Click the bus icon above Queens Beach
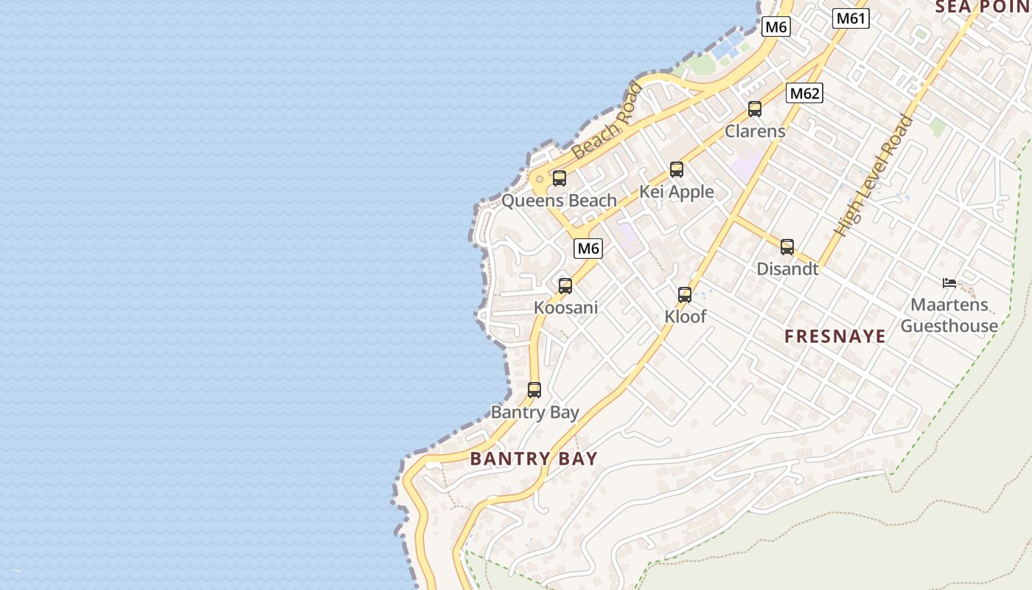[x=559, y=178]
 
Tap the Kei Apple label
[x=676, y=192]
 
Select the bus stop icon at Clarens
[x=755, y=109]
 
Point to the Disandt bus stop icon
[x=787, y=247]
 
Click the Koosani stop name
[x=565, y=308]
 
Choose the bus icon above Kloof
[x=685, y=295]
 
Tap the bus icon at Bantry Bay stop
[x=534, y=390]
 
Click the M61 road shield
[x=851, y=18]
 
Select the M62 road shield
[x=804, y=94]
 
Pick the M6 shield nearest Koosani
[x=588, y=249]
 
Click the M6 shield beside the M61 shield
[x=776, y=27]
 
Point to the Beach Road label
[x=607, y=122]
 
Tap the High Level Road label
[x=874, y=176]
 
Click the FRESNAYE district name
[x=834, y=337]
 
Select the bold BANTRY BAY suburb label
[x=534, y=459]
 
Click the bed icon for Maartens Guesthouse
[x=949, y=282]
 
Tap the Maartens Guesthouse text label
[x=949, y=315]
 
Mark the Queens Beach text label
[x=559, y=201]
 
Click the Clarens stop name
[x=755, y=131]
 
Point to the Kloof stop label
[x=685, y=317]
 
